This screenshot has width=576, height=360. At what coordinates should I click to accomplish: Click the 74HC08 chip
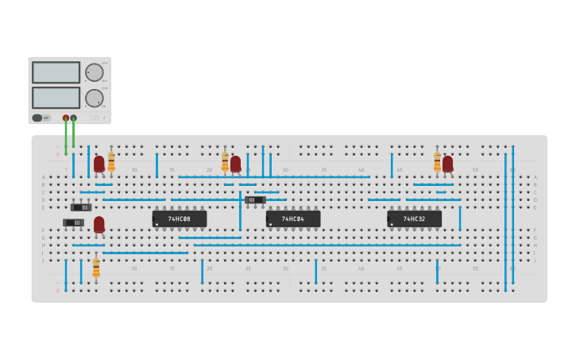(x=180, y=219)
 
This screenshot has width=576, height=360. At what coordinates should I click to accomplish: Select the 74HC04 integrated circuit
(x=293, y=219)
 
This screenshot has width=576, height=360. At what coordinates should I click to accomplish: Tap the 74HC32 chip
(x=414, y=219)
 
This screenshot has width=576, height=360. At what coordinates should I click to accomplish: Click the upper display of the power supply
(x=56, y=72)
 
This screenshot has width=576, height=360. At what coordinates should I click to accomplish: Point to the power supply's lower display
(x=56, y=98)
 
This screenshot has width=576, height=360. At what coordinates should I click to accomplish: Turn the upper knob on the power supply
(x=95, y=72)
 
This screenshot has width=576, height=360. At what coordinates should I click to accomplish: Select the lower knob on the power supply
(x=95, y=99)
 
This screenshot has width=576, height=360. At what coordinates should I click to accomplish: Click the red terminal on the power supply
(x=66, y=118)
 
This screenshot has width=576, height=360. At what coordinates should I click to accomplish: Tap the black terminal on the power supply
(x=74, y=118)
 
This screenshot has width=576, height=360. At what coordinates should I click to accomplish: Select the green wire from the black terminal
(x=74, y=135)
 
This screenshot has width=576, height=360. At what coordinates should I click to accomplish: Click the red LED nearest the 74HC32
(x=448, y=164)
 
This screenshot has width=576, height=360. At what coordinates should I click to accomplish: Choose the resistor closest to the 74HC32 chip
(x=437, y=161)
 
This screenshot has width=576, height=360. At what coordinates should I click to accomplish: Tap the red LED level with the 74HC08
(x=99, y=225)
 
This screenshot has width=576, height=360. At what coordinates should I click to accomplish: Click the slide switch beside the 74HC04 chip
(x=256, y=199)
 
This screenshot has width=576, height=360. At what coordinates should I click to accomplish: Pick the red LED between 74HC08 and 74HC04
(x=236, y=164)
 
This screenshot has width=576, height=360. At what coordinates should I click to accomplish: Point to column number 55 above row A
(x=475, y=170)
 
